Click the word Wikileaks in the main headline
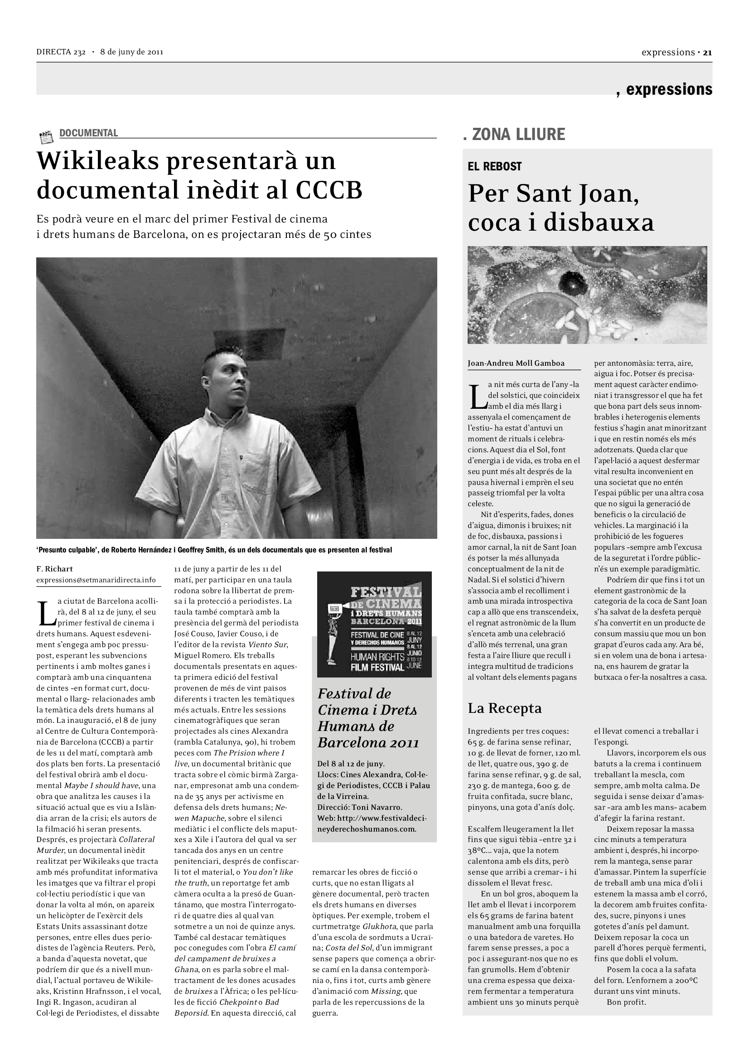[98, 161]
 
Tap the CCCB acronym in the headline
[329, 190]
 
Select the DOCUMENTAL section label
[89, 133]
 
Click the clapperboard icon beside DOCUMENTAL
[46, 137]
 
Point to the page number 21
[707, 53]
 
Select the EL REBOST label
[494, 166]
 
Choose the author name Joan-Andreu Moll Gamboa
[516, 363]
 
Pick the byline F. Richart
[54, 569]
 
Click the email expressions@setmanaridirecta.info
[96, 580]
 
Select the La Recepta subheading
[504, 708]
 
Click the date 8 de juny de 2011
[132, 52]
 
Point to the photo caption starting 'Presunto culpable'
[214, 550]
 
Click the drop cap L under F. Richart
[45, 612]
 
